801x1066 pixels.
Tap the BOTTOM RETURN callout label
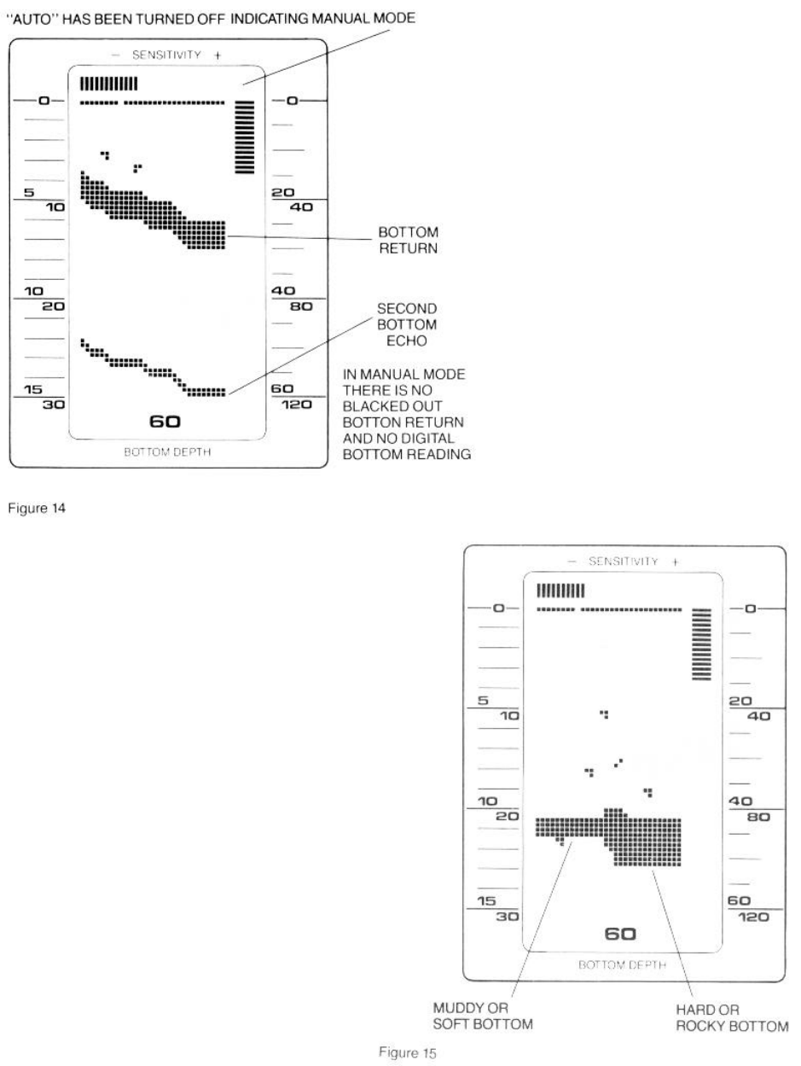tap(406, 239)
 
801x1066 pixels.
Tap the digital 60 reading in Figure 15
tap(620, 934)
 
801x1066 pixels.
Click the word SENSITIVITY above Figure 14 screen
tap(167, 54)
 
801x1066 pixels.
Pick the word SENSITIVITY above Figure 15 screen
tap(622, 561)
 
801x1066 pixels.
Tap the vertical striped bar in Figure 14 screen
tap(246, 137)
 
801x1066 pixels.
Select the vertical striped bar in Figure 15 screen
tap(701, 644)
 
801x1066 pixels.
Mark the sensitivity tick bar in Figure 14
tap(107, 84)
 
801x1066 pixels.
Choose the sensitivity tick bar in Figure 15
tap(560, 590)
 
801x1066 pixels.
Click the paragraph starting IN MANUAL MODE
tap(406, 415)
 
